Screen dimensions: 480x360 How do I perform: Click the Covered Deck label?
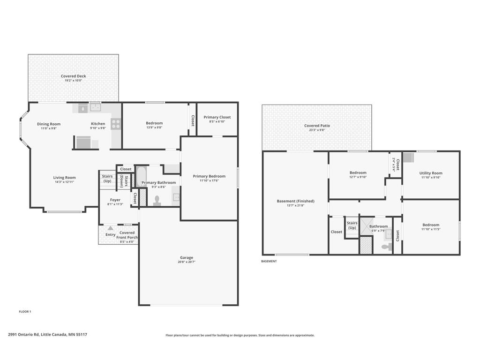[73, 76]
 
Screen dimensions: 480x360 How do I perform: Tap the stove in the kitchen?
[116, 124]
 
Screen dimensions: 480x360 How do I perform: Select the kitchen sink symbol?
[96, 107]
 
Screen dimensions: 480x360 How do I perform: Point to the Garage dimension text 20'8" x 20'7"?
[187, 262]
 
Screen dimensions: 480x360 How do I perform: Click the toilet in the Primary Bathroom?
[157, 201]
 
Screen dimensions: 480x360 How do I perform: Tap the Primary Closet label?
[217, 117]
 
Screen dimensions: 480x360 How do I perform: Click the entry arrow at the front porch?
[111, 228]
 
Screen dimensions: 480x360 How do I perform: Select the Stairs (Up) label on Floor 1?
[107, 179]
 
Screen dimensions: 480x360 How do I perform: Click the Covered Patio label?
[317, 126]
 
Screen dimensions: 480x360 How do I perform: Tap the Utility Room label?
[431, 173]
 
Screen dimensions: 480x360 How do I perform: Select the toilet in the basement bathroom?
[387, 247]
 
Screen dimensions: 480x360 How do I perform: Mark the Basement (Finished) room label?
[295, 201]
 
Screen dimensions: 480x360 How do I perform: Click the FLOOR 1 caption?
[25, 312]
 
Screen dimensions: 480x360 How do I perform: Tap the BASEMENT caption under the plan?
[269, 261]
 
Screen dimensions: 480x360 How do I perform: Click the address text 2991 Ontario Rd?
[23, 335]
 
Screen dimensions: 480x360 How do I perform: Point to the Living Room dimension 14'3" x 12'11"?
[64, 182]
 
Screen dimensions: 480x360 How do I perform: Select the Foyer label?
[115, 200]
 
